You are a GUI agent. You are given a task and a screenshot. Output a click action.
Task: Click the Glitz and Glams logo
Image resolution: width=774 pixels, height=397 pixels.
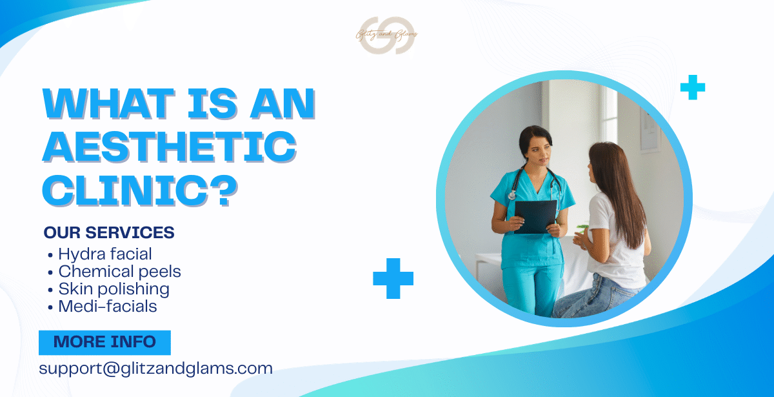(x=386, y=36)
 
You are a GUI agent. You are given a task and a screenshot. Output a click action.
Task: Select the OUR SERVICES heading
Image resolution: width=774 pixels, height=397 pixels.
(x=109, y=232)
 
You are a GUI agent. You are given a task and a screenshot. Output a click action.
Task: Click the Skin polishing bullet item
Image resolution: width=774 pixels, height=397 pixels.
(x=114, y=289)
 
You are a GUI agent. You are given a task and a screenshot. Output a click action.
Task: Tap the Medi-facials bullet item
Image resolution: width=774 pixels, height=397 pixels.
(x=107, y=307)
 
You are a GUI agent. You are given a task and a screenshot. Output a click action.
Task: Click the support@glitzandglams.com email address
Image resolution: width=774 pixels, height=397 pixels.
(x=155, y=369)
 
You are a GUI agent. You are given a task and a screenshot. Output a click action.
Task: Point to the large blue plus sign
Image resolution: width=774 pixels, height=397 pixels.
(x=393, y=278)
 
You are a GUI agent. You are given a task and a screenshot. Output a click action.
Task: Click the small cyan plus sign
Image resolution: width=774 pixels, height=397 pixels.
(x=693, y=87)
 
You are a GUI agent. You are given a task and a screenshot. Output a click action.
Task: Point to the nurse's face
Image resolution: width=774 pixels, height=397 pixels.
(x=535, y=146)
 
